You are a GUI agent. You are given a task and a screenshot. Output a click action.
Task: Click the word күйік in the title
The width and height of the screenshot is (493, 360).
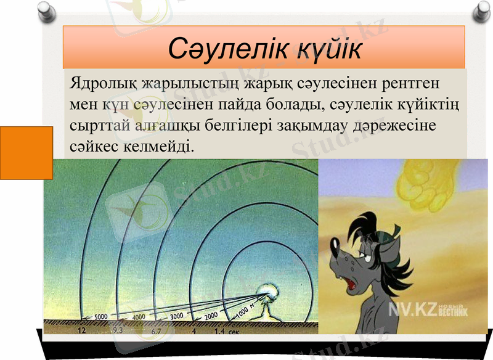pos(325,48)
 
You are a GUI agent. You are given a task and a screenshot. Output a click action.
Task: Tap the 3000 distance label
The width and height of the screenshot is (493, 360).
pos(176,316)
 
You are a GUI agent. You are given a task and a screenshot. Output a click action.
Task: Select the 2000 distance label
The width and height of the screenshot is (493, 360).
pos(211,315)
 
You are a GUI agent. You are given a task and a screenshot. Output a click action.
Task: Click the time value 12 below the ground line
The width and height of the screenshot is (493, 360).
pos(81,331)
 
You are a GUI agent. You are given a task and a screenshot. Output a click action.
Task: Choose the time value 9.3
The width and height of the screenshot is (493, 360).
pos(118,331)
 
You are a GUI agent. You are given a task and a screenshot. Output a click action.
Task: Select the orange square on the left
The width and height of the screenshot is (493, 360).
pos(26,152)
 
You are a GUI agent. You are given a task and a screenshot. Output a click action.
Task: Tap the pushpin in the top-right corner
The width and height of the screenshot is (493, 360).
pos(482,10)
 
